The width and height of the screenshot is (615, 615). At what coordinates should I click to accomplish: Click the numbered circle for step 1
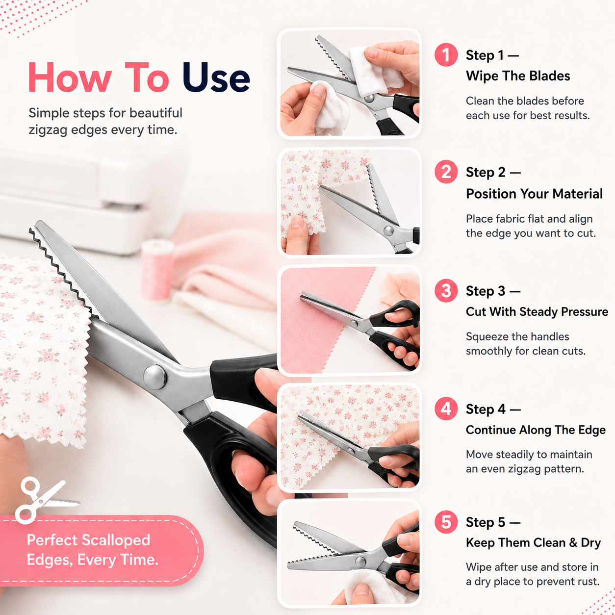pyautogui.click(x=446, y=55)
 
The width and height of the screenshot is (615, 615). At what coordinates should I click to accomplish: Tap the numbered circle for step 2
pyautogui.click(x=446, y=172)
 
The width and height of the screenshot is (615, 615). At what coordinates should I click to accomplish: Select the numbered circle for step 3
pyautogui.click(x=446, y=290)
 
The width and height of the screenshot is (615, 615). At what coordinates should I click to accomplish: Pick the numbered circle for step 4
pyautogui.click(x=446, y=409)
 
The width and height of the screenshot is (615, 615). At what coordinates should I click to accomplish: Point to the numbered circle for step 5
pyautogui.click(x=446, y=522)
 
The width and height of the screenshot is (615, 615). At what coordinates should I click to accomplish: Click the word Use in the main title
pyautogui.click(x=216, y=77)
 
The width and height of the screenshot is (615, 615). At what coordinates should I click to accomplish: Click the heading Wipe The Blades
pyautogui.click(x=518, y=76)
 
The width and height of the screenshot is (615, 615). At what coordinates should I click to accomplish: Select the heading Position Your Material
pyautogui.click(x=534, y=194)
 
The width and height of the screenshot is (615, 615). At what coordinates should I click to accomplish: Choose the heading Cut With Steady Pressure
pyautogui.click(x=537, y=311)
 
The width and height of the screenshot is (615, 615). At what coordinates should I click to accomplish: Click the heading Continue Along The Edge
pyautogui.click(x=536, y=430)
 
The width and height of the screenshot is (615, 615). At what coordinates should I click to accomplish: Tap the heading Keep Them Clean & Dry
pyautogui.click(x=533, y=542)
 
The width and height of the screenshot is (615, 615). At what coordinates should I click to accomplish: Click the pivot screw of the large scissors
pyautogui.click(x=155, y=377)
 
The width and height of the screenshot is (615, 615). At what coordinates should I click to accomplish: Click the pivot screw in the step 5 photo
pyautogui.click(x=360, y=562)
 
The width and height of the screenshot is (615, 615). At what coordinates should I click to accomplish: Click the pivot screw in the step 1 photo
pyautogui.click(x=369, y=98)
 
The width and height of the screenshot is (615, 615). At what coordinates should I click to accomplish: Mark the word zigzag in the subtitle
pyautogui.click(x=48, y=130)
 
